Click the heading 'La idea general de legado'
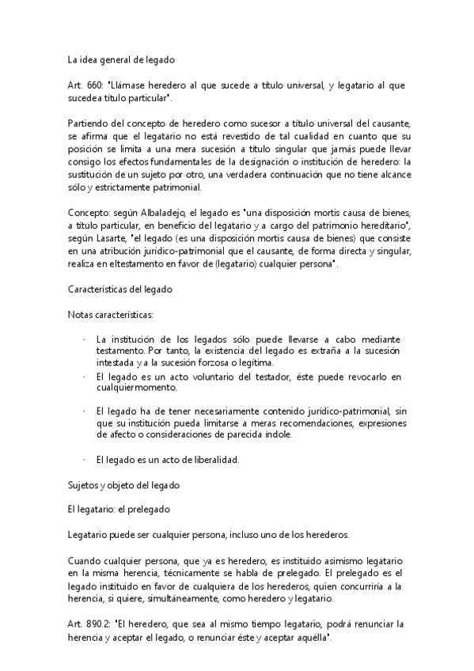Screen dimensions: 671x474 coord(120,59)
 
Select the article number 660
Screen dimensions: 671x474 coord(89,84)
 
